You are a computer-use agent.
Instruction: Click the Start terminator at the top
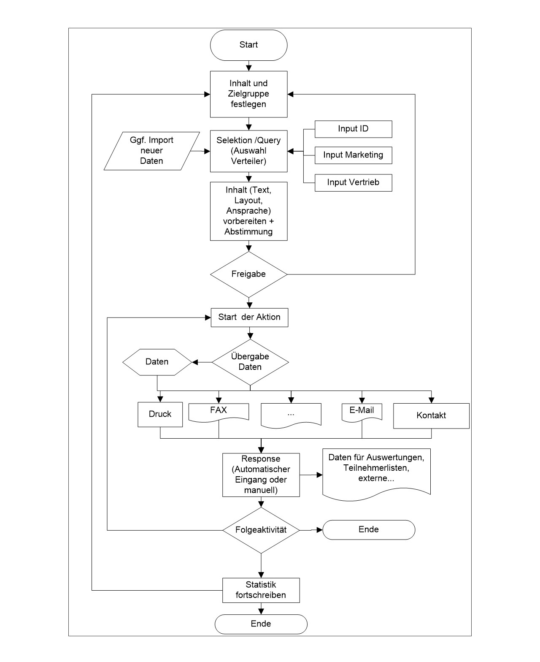(x=248, y=45)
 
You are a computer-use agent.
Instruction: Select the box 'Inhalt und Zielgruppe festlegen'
(x=248, y=94)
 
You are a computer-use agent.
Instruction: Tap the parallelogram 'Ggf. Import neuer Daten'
(x=151, y=151)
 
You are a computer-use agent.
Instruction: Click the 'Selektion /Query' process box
(x=248, y=151)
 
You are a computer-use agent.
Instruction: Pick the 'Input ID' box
(x=353, y=129)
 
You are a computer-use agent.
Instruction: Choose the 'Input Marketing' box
(x=353, y=155)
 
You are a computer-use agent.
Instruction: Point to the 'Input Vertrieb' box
(x=353, y=183)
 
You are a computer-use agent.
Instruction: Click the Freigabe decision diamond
(x=248, y=274)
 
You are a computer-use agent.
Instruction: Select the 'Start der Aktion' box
(x=249, y=317)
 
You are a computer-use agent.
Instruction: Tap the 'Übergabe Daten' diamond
(x=250, y=362)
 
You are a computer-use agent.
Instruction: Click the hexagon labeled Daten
(x=157, y=362)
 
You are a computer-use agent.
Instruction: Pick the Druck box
(x=160, y=414)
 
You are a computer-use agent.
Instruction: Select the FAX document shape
(x=219, y=412)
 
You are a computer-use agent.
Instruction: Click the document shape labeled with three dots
(x=291, y=415)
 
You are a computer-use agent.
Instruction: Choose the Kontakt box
(x=431, y=415)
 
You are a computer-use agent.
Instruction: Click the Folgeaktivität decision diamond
(x=261, y=530)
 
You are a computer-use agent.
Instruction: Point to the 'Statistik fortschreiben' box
(x=261, y=590)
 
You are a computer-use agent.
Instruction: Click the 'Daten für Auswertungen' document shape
(x=376, y=474)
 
